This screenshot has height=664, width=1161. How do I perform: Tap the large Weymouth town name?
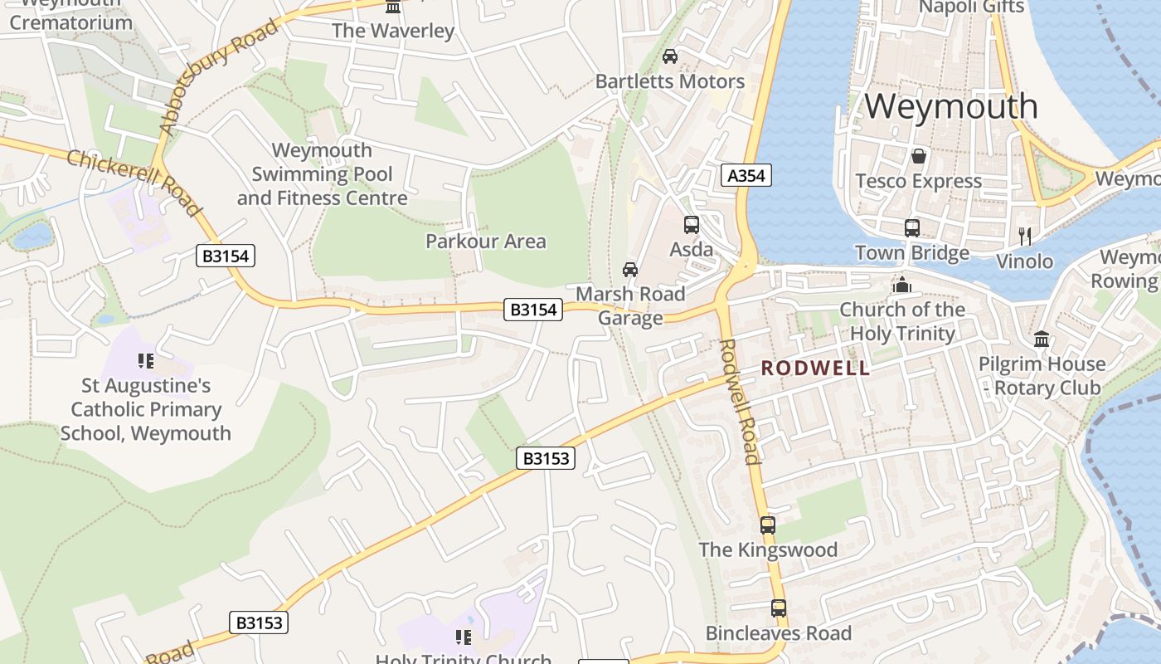point(951,106)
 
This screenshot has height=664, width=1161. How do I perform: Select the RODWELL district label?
point(815,368)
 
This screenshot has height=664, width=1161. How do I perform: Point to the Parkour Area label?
point(485,242)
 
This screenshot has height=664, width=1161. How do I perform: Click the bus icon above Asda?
point(691,225)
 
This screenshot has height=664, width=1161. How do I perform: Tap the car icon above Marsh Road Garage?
point(630,270)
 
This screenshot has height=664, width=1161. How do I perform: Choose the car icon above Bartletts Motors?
point(670,56)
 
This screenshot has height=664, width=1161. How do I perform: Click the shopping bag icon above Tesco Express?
point(918,156)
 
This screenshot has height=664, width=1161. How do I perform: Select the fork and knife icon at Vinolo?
point(1025,237)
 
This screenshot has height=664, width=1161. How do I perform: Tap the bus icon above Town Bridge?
point(912,227)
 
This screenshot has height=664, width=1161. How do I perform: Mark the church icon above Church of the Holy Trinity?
point(901,286)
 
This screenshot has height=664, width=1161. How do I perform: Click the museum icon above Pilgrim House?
point(1042,339)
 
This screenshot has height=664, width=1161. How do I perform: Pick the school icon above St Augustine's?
point(146,361)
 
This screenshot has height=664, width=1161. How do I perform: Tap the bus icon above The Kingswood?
point(768,525)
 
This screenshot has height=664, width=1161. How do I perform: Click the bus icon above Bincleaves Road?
point(778,608)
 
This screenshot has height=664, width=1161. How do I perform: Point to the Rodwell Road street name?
point(739,401)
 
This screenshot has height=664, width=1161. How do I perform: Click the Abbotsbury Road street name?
point(219,77)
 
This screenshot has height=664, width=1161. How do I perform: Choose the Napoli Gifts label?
point(971,7)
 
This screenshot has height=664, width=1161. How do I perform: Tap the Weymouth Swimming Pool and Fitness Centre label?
point(322,174)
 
